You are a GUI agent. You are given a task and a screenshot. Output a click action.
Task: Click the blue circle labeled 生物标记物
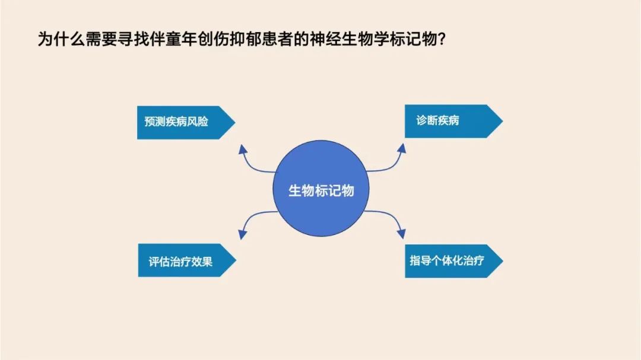coord(321,189)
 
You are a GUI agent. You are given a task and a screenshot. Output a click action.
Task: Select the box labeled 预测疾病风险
coord(186,123)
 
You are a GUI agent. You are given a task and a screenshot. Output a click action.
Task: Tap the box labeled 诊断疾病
coord(454,122)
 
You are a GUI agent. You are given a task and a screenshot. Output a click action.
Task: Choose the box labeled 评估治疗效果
coord(187,260)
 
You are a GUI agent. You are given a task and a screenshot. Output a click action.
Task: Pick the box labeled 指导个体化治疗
coord(454,261)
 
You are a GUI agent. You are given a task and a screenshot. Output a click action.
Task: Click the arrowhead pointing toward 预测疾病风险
coord(243,149)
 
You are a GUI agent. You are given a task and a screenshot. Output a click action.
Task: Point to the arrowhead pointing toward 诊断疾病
coord(402,148)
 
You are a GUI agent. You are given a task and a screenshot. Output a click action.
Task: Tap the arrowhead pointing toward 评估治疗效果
coord(242,234)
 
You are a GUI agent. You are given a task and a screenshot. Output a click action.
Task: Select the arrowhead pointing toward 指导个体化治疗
coord(401,233)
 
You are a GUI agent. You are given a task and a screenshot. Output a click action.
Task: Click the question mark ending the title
coord(441,40)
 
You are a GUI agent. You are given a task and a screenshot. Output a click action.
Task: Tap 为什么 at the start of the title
coord(61,40)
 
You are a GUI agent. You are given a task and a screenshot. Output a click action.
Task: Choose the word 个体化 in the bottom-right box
coord(447,260)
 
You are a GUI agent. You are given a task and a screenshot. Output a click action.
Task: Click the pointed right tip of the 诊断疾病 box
coord(503,121)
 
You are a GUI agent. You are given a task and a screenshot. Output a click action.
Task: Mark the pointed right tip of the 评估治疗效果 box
coord(236,260)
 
